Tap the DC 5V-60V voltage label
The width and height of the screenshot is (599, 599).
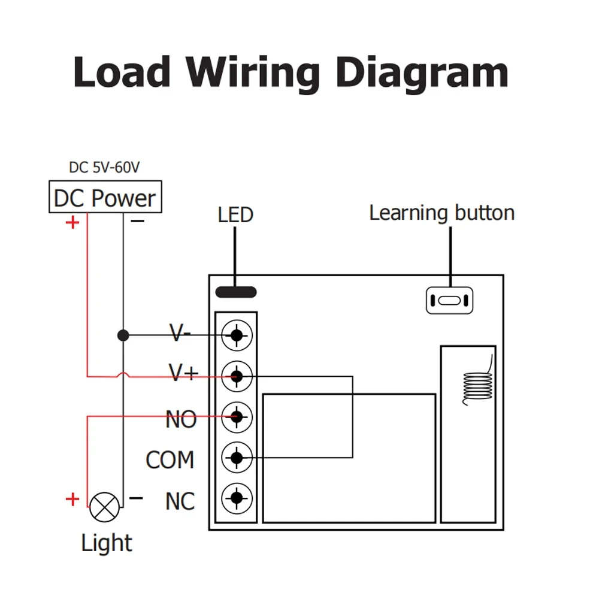pos(104,167)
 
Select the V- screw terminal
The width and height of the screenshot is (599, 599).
pos(237,335)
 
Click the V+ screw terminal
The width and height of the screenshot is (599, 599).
pos(237,376)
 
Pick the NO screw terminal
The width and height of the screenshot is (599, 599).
pos(237,417)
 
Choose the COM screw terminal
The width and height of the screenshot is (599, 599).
pos(237,457)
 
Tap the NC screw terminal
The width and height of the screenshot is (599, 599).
pos(237,498)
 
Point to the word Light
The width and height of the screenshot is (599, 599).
pos(107,543)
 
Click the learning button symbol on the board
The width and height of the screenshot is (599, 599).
pos(450,301)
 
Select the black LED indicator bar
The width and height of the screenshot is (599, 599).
pos(236,292)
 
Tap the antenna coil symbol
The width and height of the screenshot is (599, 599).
pos(477,382)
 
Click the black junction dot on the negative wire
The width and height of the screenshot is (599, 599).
pos(123,335)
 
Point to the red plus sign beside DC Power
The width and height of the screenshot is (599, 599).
pos(72,222)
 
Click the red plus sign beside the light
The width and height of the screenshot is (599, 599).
pos(72,500)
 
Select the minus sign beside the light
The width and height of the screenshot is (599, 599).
pos(136,498)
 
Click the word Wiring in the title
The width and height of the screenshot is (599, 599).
pos(253,73)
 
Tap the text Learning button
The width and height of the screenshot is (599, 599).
pos(442,213)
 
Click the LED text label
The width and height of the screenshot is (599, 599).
pos(235,214)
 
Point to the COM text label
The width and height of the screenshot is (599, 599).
pos(170,459)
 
